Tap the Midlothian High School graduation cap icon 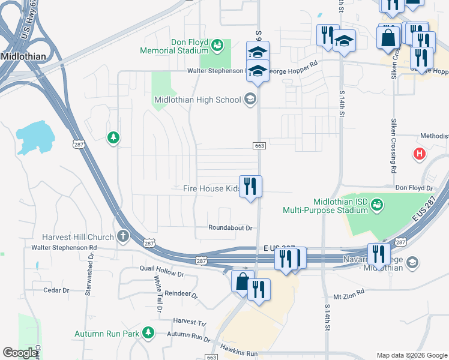pyautogui.click(x=250, y=99)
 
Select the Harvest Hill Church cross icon pyautogui.click(x=123, y=236)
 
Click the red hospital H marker pyautogui.click(x=420, y=154)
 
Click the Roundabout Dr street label pyautogui.click(x=231, y=228)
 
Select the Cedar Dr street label pyautogui.click(x=56, y=290)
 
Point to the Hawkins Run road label pyautogui.click(x=238, y=353)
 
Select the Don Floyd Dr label pyautogui.click(x=414, y=188)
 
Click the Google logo pyautogui.click(x=20, y=353)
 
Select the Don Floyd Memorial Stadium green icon pyautogui.click(x=217, y=44)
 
